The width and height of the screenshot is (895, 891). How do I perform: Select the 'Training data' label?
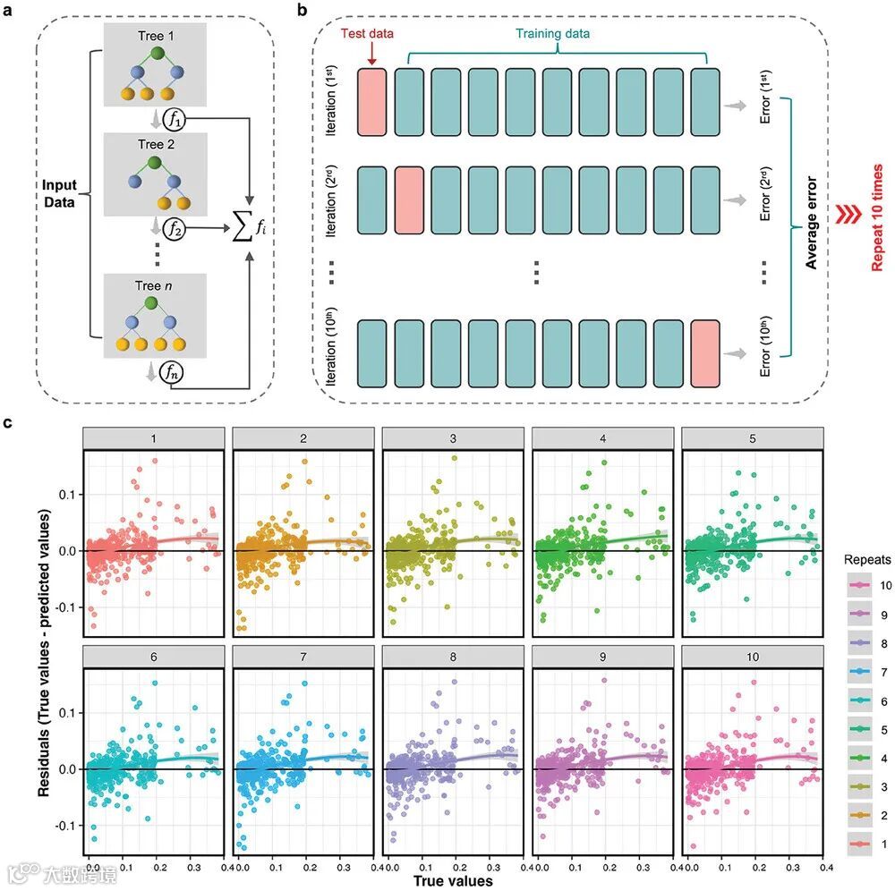[552, 34]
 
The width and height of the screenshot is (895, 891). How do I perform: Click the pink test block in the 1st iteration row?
[371, 105]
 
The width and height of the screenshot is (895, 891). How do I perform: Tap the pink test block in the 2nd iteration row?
[408, 203]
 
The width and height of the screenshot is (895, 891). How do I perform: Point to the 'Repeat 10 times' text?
[879, 217]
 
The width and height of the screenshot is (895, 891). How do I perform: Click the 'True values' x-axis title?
[453, 881]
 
